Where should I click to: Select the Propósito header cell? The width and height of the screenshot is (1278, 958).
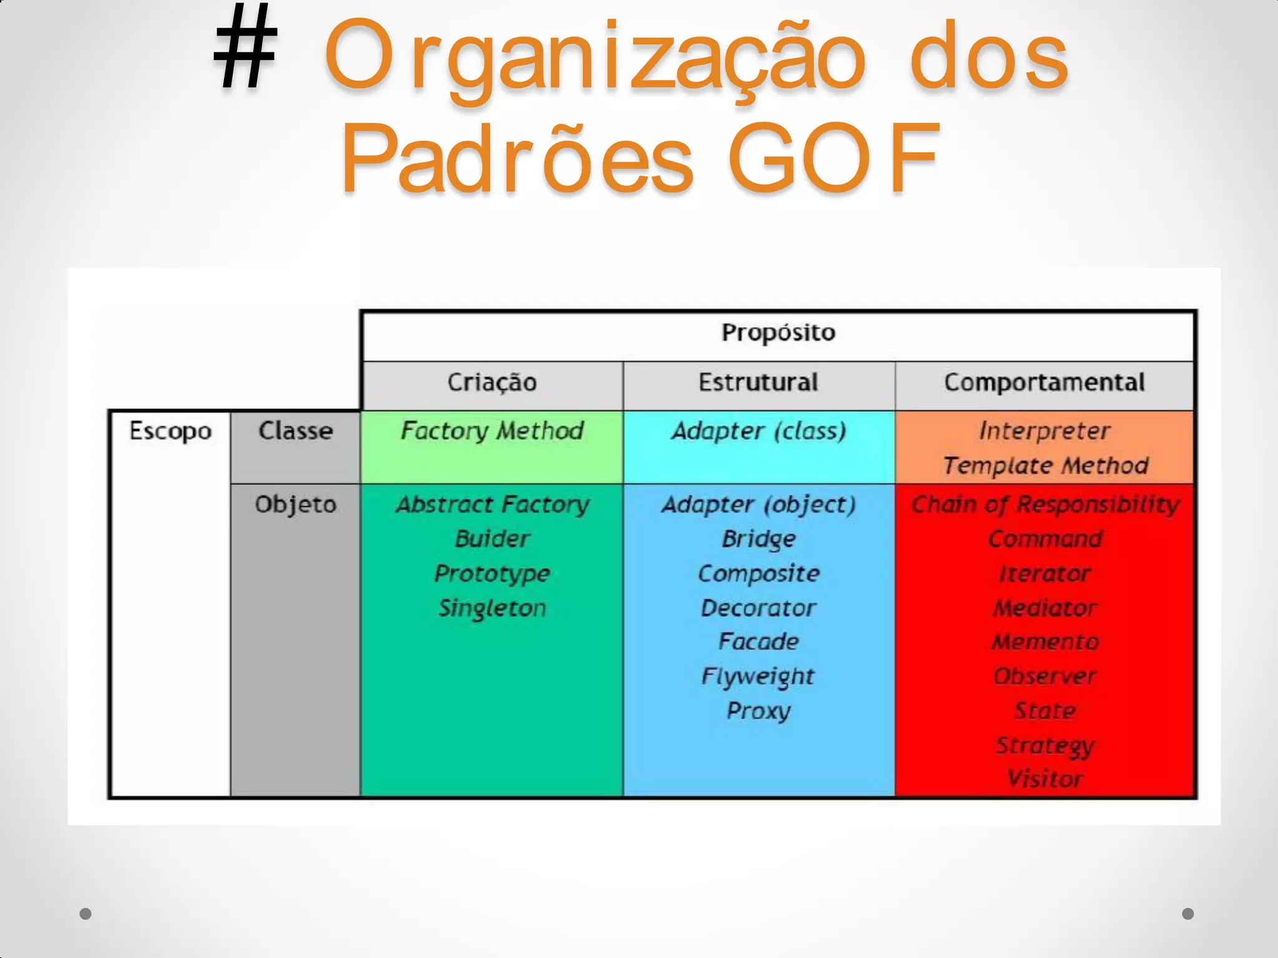coord(778,333)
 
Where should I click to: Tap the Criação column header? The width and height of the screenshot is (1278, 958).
coord(492,382)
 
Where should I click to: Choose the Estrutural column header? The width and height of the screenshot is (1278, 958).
coord(758,382)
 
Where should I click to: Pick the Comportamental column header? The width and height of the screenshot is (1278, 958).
coord(1044,382)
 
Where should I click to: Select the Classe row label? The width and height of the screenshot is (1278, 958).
coord(295,431)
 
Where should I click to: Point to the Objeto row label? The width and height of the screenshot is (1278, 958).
coord(295,504)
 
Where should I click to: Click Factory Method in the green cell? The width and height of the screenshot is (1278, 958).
coord(492,431)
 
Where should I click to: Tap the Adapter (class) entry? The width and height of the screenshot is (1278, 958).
coord(758,431)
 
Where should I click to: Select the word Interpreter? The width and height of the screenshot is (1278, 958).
coord(1044,431)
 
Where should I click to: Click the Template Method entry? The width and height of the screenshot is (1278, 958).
coord(1045,465)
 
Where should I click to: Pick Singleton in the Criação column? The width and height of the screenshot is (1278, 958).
coord(492,608)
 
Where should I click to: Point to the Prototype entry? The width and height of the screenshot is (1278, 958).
coord(492,574)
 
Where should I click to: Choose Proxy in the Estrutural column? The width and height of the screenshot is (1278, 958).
coord(758,711)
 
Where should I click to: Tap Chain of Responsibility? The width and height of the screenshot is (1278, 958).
coord(1045,504)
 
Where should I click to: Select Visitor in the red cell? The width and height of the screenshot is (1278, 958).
coord(1045,779)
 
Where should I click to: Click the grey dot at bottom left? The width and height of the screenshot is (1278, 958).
coord(86,914)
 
